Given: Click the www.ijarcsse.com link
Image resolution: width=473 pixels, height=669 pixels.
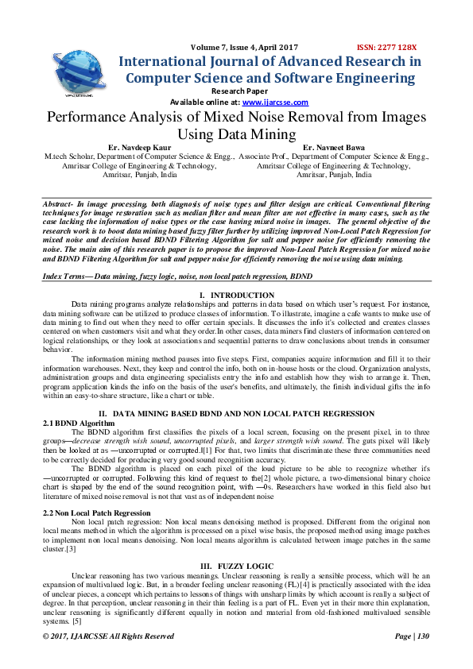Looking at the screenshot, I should click(x=275, y=102).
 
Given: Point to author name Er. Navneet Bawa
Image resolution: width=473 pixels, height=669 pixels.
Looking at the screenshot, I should click(x=334, y=148).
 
